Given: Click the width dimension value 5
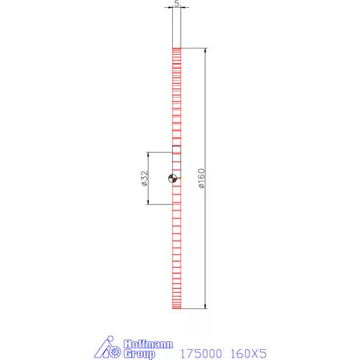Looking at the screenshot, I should pyautogui.click(x=177, y=3).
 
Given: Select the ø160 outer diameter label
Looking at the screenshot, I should pyautogui.click(x=201, y=179).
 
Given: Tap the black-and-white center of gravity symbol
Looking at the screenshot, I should pyautogui.click(x=173, y=179).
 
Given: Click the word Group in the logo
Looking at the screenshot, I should pyautogui.click(x=139, y=354).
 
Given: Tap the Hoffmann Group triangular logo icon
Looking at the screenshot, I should pyautogui.click(x=109, y=349).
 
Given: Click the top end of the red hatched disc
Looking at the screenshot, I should pyautogui.click(x=177, y=49).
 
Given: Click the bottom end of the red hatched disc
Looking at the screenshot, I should pyautogui.click(x=177, y=308).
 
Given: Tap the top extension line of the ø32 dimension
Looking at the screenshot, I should pyautogui.click(x=160, y=153).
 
